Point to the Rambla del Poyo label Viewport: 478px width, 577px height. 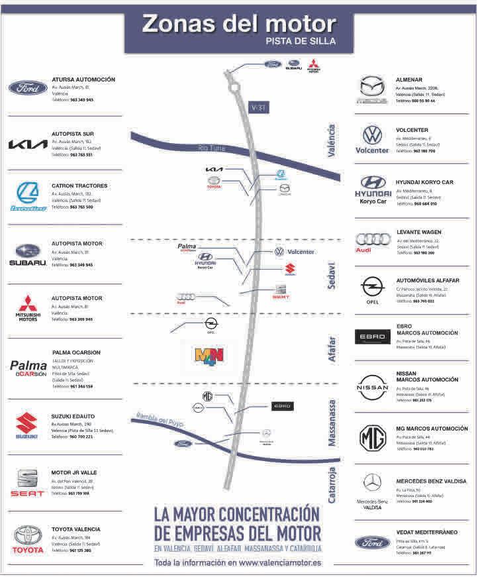tap(160, 421)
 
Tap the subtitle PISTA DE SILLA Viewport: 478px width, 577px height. tap(301, 41)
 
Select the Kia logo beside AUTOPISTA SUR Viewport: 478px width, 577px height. tap(27, 144)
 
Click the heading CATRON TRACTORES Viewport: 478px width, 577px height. tap(79, 186)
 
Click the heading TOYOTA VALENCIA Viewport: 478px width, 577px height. tap(76, 529)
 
